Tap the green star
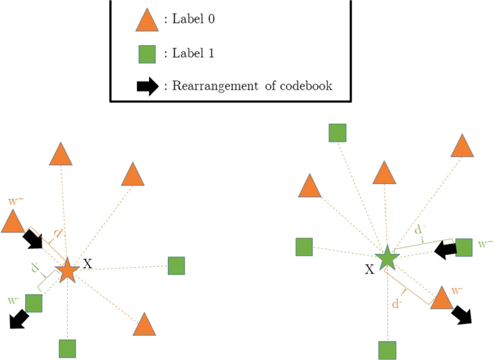tap(387, 258)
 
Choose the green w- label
tap(14, 300)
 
